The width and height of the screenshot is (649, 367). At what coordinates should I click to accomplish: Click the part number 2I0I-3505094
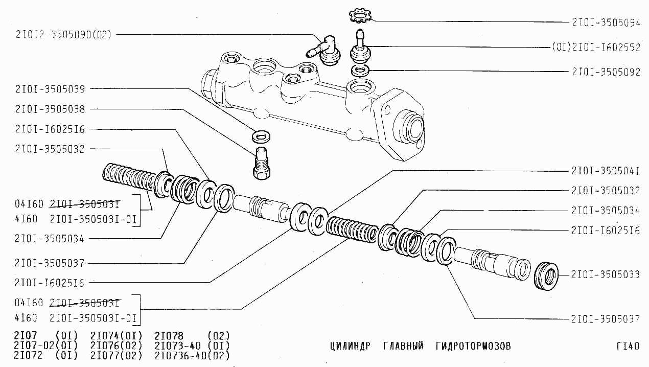click(606, 22)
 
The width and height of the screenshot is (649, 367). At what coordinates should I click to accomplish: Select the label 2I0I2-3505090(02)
click(63, 35)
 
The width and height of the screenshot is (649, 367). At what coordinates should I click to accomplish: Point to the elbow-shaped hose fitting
click(324, 51)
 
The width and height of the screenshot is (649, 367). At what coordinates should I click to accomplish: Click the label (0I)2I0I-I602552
click(596, 47)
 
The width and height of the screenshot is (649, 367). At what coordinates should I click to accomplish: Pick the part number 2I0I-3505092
click(606, 72)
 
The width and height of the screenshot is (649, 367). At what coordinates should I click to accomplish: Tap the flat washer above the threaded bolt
click(261, 136)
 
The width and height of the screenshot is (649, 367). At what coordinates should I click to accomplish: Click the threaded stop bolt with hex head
click(262, 163)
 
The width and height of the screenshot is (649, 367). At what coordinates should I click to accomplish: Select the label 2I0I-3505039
click(50, 89)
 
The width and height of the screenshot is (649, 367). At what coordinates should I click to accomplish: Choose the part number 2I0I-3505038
click(50, 109)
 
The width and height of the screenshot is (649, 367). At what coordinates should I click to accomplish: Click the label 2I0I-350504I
click(605, 171)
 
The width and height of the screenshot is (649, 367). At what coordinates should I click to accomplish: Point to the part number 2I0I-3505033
click(605, 274)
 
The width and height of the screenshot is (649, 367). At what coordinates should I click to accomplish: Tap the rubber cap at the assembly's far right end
click(546, 276)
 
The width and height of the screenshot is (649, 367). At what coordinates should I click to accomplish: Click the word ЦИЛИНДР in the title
click(350, 346)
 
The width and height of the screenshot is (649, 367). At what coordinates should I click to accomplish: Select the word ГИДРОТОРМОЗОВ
click(473, 346)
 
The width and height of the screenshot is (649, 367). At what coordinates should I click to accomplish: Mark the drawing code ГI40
click(628, 346)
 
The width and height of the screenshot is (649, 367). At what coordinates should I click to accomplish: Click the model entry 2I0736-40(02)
click(192, 355)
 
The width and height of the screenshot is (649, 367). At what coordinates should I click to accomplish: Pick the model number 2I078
click(169, 336)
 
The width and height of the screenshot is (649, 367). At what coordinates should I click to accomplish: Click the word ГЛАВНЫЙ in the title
click(403, 346)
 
